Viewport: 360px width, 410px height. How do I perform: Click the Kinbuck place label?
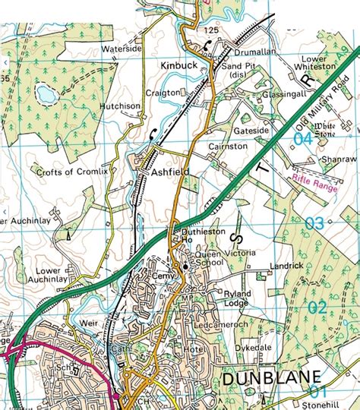coord(180,66)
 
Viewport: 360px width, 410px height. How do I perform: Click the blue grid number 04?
coord(303,139)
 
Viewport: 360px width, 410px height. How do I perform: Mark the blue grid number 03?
coord(315,222)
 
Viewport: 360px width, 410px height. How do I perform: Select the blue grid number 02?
coord(317,307)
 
